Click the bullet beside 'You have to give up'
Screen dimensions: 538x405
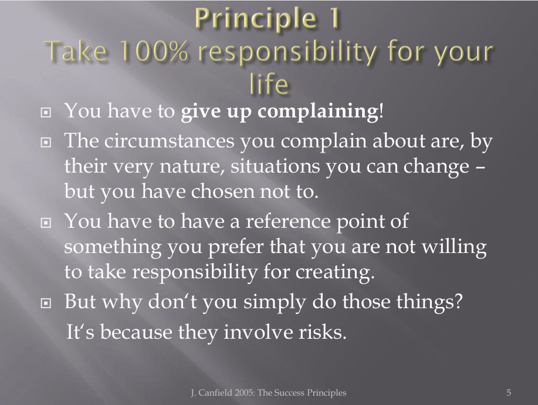[46, 112]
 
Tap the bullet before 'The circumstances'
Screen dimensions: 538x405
[46, 142]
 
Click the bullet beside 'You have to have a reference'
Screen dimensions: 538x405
[46, 223]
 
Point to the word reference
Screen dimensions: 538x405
[288, 221]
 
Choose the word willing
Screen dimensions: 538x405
[454, 247]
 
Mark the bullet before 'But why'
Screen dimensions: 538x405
[46, 303]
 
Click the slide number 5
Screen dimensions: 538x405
[509, 392]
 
